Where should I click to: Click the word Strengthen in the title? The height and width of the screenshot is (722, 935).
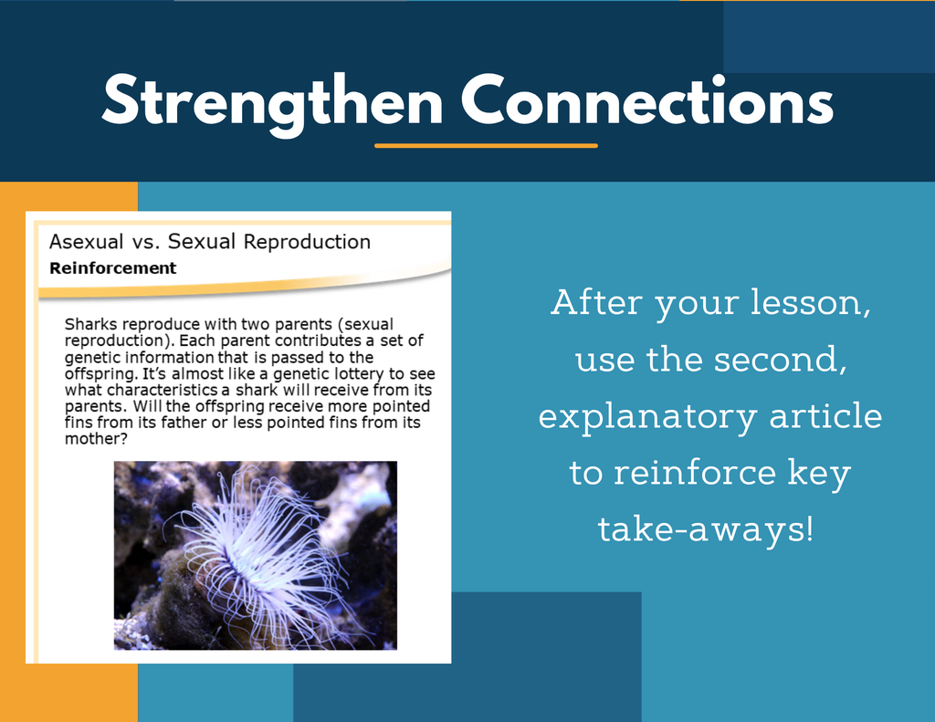click(x=272, y=102)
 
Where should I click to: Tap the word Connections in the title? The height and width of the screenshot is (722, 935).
click(x=647, y=99)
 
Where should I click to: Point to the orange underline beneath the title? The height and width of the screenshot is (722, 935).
click(x=486, y=145)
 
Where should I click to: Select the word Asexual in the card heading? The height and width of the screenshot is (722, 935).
click(x=87, y=242)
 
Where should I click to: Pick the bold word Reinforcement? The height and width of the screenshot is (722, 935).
click(x=112, y=268)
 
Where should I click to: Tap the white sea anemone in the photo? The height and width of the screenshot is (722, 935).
click(x=257, y=554)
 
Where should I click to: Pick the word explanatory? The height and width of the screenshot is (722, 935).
click(x=647, y=417)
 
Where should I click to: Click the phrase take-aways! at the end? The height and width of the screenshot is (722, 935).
click(x=706, y=528)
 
